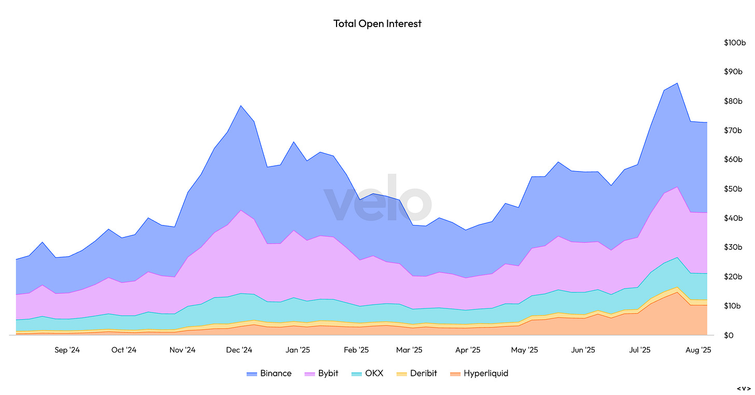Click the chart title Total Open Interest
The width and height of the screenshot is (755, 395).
click(x=378, y=23)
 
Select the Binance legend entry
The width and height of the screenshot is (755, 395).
click(x=269, y=373)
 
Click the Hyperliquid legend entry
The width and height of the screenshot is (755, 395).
click(x=479, y=373)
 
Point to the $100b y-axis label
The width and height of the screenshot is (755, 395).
click(x=734, y=43)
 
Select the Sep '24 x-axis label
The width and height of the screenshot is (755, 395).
click(x=67, y=350)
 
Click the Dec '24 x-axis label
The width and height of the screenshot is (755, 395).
click(x=239, y=350)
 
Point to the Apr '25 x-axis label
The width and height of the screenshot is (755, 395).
click(x=468, y=350)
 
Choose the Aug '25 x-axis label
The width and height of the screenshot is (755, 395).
click(x=698, y=350)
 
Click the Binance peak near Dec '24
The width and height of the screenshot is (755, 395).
click(x=241, y=106)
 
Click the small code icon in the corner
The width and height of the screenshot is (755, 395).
click(x=744, y=388)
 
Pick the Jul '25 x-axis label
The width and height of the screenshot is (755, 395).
click(x=640, y=350)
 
